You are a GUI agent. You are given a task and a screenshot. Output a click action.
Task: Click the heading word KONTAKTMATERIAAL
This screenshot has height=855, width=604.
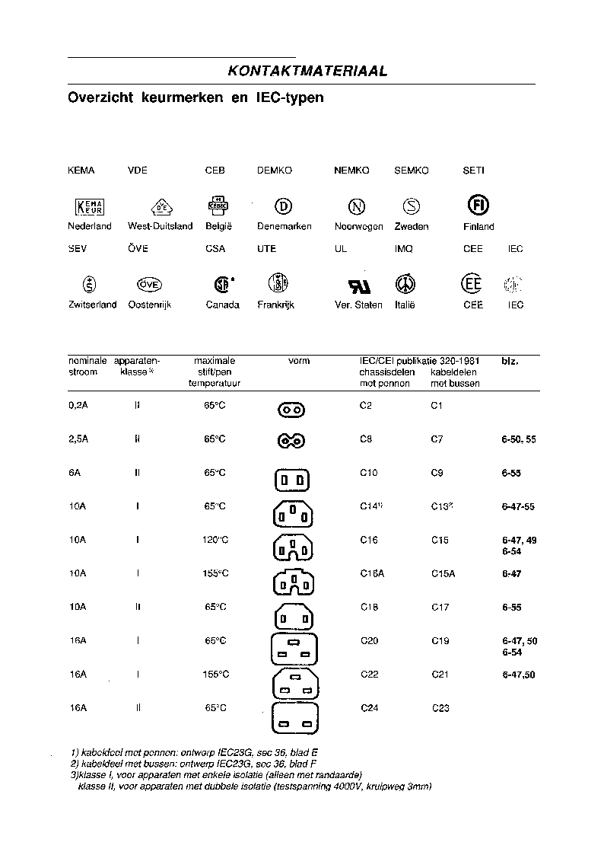pos(307,71)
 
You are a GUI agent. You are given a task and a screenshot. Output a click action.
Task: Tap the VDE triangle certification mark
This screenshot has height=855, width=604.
pos(161,206)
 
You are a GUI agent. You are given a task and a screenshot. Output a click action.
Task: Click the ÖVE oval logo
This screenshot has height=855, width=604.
pos(149,284)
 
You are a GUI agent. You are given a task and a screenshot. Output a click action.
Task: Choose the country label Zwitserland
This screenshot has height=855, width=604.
pos(92,305)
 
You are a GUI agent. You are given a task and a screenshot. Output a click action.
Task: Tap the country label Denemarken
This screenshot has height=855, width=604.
pos(285,226)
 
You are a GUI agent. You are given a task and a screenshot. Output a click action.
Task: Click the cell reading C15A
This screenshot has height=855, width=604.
pos(443,574)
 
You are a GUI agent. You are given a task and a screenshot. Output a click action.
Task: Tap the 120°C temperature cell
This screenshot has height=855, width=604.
pos(215,540)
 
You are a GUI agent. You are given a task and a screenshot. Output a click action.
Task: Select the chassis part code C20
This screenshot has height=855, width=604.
pos(368,641)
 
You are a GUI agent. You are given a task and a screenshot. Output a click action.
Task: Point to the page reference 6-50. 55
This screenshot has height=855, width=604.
pos(519,440)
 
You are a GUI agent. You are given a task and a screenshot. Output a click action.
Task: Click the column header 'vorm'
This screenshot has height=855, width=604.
pos(299,361)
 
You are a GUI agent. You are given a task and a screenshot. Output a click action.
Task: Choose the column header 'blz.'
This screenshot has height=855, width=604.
pos(510,361)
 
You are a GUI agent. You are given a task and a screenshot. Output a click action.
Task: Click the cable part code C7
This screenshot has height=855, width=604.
pos(437,439)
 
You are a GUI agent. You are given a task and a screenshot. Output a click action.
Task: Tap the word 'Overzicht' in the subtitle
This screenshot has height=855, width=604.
pos(98,98)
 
